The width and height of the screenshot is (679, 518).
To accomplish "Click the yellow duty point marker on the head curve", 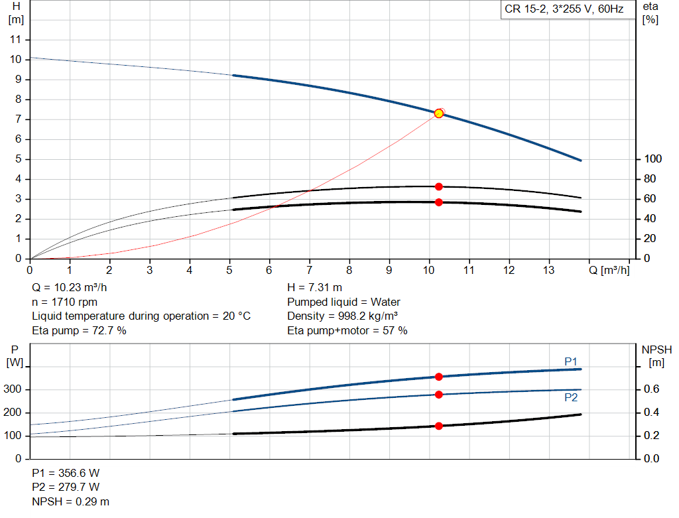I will click(x=438, y=113).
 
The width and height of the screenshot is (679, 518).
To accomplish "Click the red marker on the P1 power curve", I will click(x=438, y=377).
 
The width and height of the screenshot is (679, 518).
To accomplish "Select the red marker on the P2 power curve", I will click(x=438, y=395).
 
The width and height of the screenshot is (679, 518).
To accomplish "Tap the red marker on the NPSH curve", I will click(x=438, y=426).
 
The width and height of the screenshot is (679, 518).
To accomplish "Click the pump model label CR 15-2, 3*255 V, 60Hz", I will click(x=564, y=10).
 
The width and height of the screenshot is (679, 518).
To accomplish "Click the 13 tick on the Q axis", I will click(x=549, y=270).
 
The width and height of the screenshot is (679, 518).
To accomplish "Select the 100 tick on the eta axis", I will click(x=652, y=159).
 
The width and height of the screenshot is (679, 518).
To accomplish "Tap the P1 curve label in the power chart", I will click(x=571, y=361).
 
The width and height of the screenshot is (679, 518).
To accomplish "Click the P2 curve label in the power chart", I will click(x=571, y=398).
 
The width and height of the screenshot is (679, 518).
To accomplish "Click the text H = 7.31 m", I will click(x=315, y=288).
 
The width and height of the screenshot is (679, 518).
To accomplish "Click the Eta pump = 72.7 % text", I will click(x=79, y=330).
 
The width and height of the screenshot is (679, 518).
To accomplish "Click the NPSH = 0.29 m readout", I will click(x=71, y=501).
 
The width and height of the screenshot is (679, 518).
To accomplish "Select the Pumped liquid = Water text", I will click(x=343, y=302).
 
